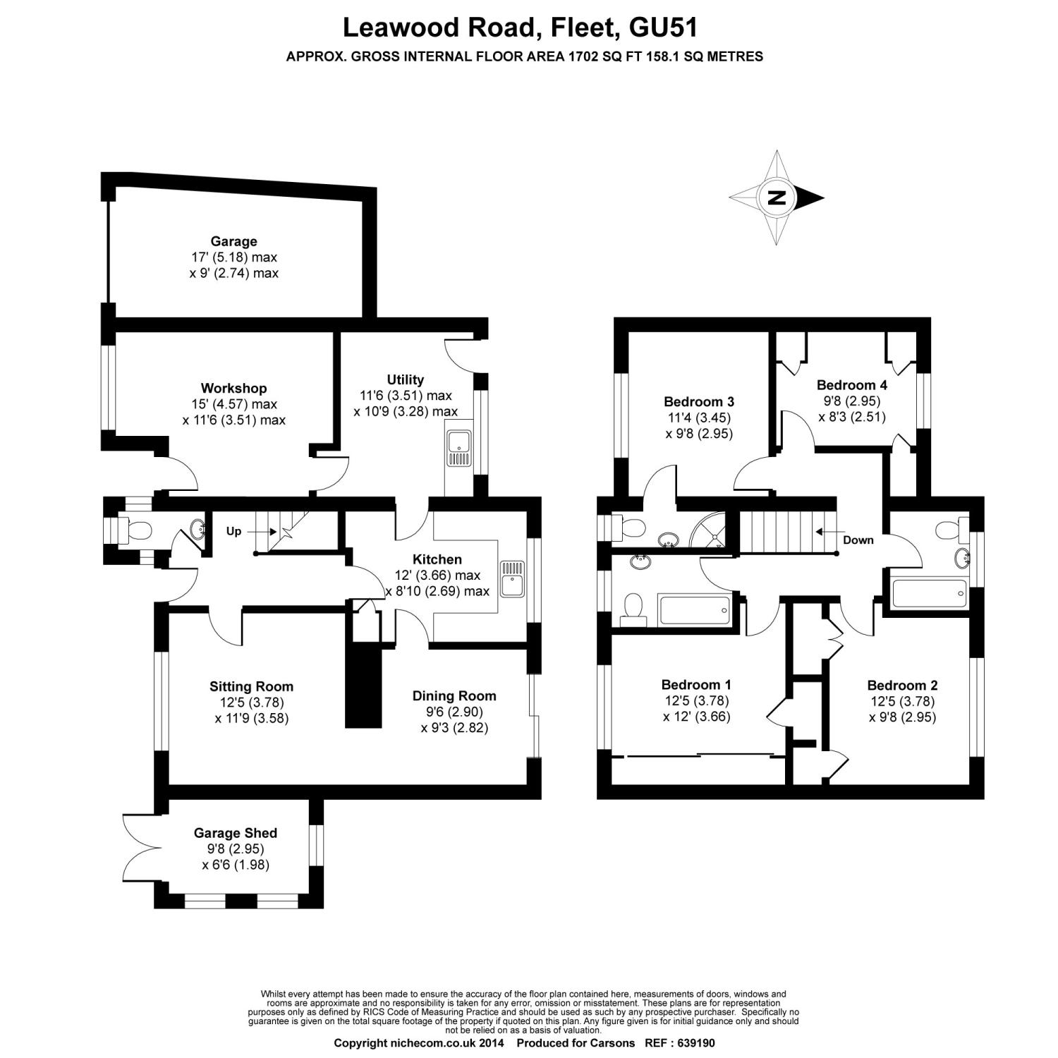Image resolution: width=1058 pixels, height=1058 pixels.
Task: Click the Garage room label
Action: [233, 242]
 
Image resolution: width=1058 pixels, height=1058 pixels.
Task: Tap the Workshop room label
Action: [233, 389]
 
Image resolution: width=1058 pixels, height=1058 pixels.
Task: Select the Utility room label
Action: [405, 380]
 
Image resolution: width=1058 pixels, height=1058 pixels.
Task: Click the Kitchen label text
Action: [438, 559]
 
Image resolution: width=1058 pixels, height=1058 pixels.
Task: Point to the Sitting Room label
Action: [251, 686]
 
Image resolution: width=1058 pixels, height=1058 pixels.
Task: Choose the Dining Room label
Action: [454, 696]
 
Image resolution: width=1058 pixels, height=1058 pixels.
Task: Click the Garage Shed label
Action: [236, 833]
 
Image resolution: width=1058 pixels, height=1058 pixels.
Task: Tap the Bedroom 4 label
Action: [851, 385]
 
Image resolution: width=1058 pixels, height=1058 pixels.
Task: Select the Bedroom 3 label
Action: [699, 402]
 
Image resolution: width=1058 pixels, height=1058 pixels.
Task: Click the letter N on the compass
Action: [777, 197]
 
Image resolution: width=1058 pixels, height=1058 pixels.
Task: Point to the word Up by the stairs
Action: [233, 531]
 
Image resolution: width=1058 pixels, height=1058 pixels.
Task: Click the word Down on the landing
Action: [858, 540]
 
